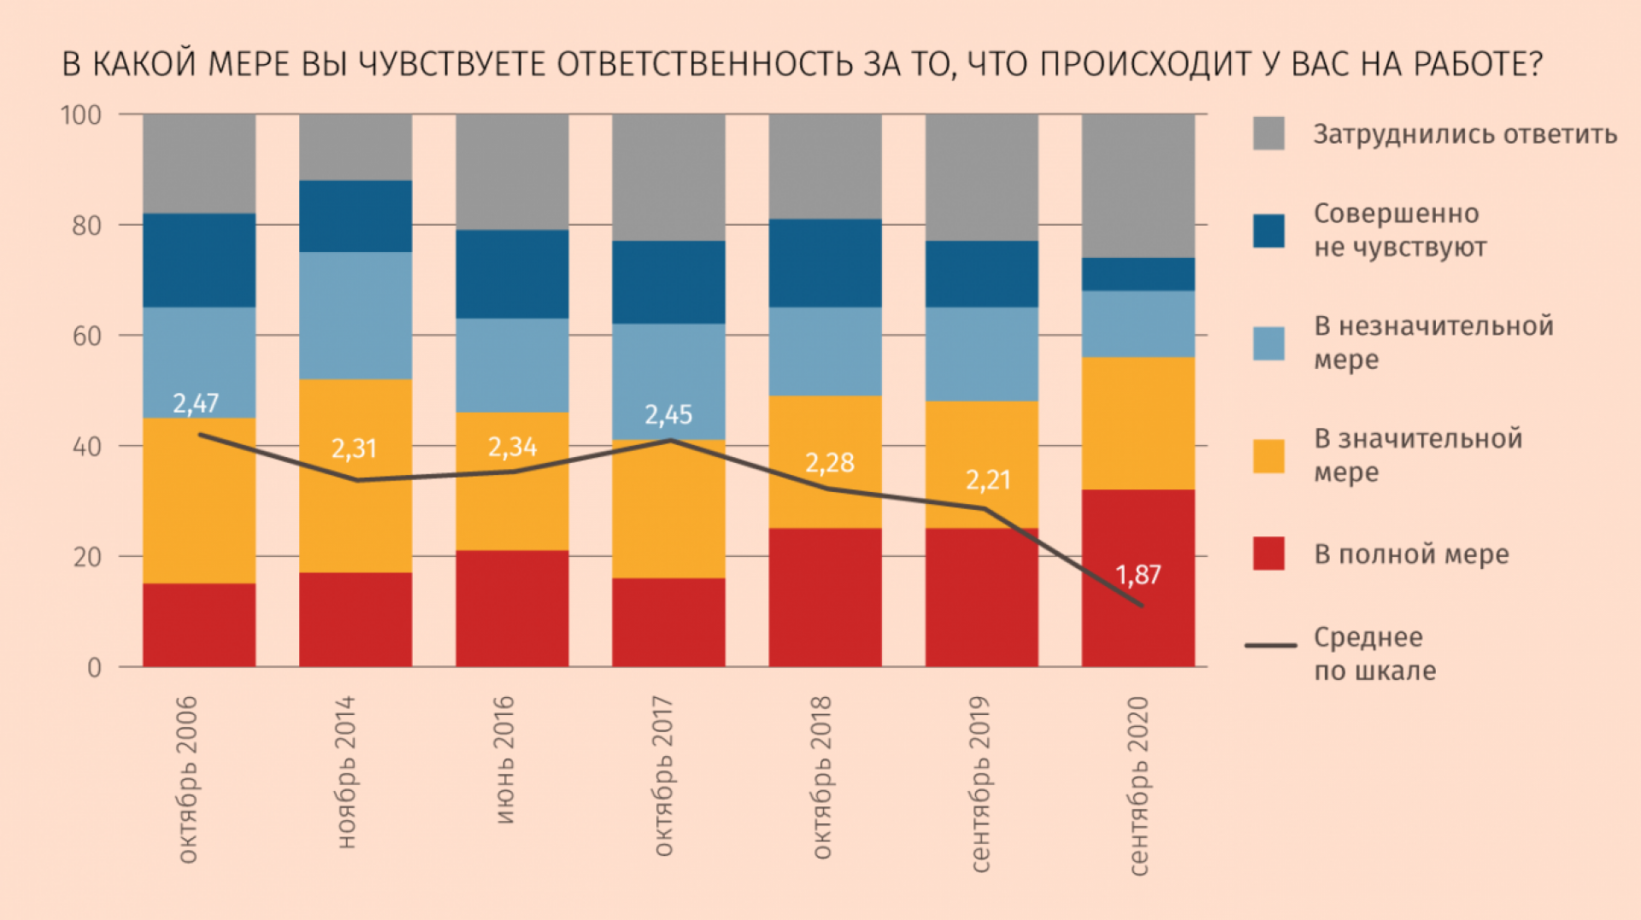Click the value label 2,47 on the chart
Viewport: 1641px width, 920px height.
pyautogui.click(x=196, y=403)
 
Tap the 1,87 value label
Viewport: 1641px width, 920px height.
pyautogui.click(x=1138, y=575)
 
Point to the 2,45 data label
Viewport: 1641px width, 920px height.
pyautogui.click(x=668, y=415)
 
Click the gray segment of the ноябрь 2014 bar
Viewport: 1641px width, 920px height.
pyautogui.click(x=356, y=147)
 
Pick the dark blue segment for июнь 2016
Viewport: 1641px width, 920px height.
pyautogui.click(x=512, y=273)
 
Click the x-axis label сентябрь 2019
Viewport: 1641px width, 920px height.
pyautogui.click(x=980, y=784)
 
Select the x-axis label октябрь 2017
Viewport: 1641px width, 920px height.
pyautogui.click(x=664, y=776)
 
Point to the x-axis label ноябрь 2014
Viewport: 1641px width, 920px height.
pyautogui.click(x=346, y=772)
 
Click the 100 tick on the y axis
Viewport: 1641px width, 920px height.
pyautogui.click(x=81, y=114)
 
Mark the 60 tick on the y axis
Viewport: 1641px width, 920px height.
pyautogui.click(x=86, y=336)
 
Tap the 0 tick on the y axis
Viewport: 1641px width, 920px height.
pyautogui.click(x=94, y=667)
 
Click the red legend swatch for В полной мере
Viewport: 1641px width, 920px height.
pyautogui.click(x=1268, y=554)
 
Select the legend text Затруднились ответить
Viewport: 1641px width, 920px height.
pyautogui.click(x=1465, y=135)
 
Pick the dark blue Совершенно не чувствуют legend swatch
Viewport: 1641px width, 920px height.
pyautogui.click(x=1268, y=231)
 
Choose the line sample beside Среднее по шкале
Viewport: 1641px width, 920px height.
pyautogui.click(x=1271, y=645)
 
